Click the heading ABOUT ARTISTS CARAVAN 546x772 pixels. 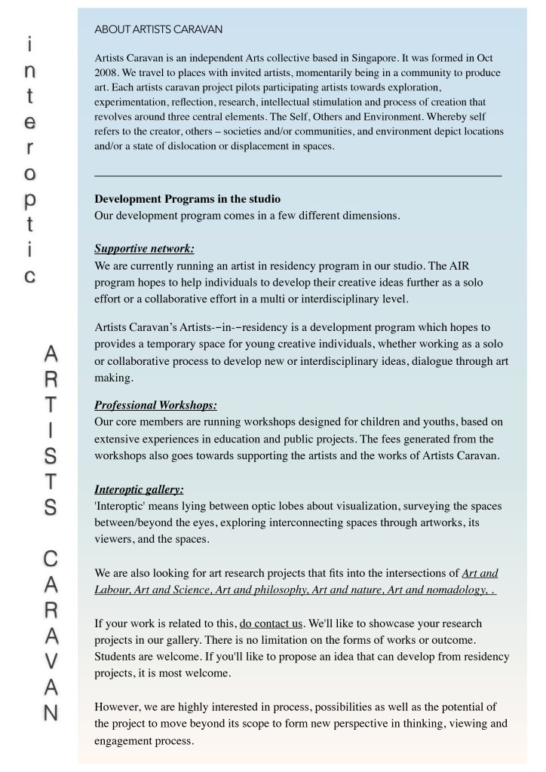(x=158, y=29)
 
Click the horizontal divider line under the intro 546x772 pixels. (x=298, y=176)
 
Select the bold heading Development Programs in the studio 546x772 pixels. (x=187, y=199)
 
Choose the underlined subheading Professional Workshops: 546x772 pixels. (x=155, y=405)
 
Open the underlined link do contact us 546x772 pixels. (x=271, y=624)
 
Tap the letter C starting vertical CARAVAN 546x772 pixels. (x=51, y=559)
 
